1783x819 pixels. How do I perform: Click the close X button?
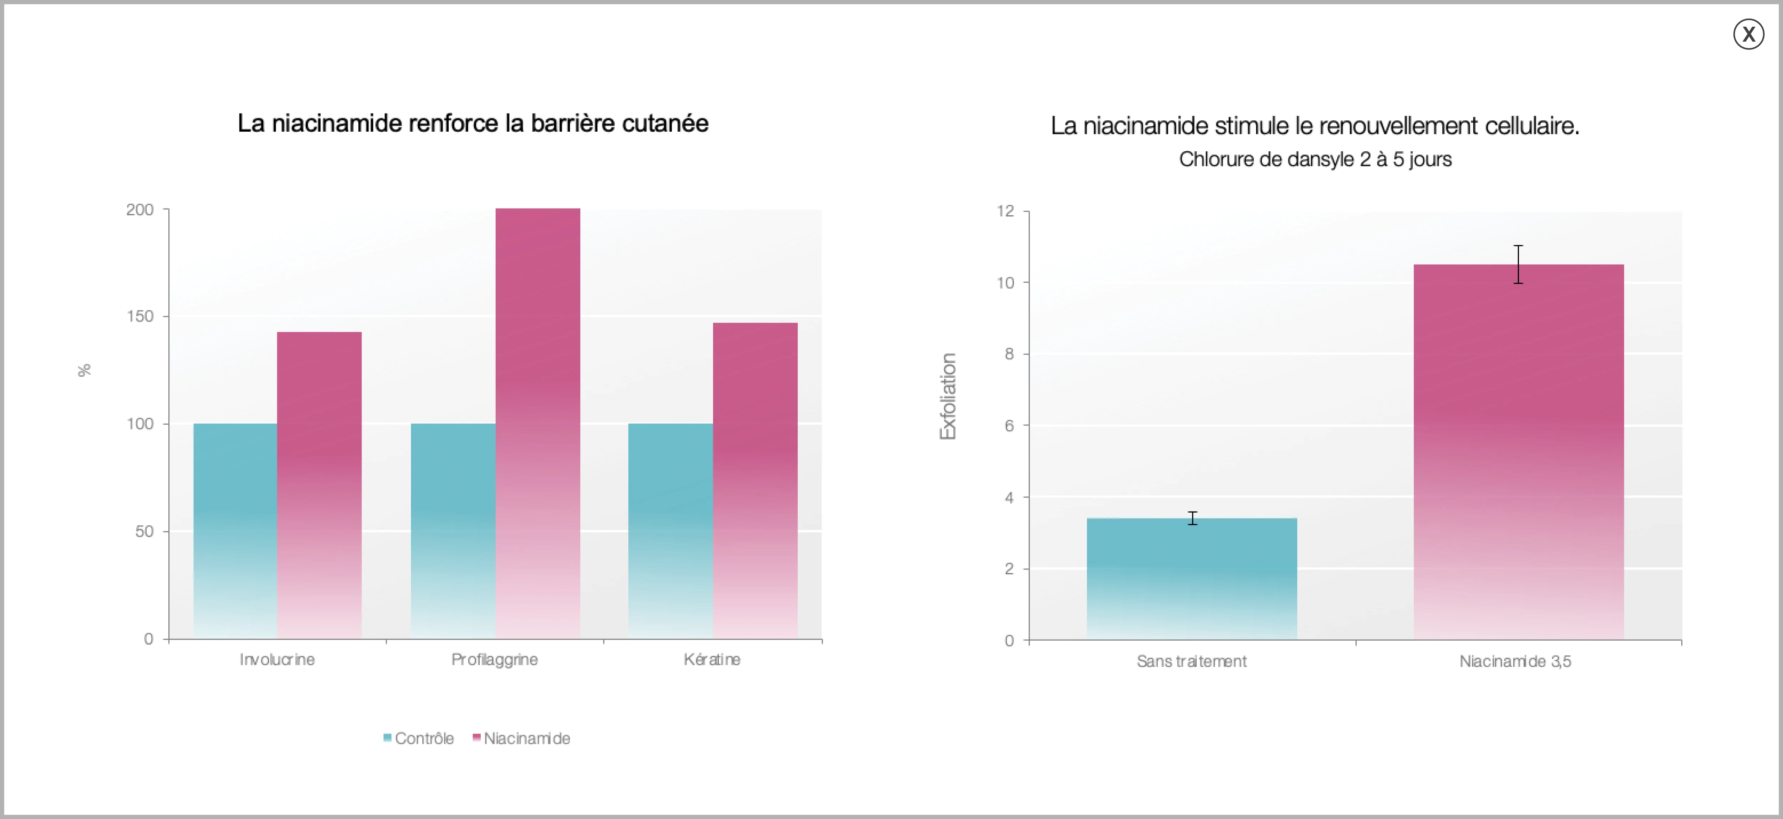pyautogui.click(x=1748, y=34)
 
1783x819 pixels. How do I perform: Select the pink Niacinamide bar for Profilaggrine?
pyautogui.click(x=538, y=423)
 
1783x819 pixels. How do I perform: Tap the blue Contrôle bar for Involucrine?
pyautogui.click(x=235, y=531)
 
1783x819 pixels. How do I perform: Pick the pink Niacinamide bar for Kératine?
pyautogui.click(x=755, y=481)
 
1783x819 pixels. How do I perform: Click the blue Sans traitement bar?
pyautogui.click(x=1192, y=579)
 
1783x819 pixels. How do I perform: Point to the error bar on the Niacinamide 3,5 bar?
pyautogui.click(x=1518, y=264)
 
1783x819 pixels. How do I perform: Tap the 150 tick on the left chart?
pyautogui.click(x=140, y=316)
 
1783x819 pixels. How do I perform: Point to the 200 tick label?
pyautogui.click(x=140, y=210)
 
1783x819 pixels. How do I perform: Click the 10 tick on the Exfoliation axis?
pyautogui.click(x=1005, y=283)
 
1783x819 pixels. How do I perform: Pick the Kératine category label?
pyautogui.click(x=712, y=659)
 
